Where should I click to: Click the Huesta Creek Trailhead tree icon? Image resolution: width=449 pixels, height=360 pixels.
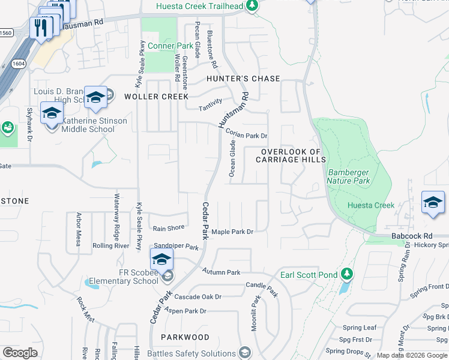point(253,7)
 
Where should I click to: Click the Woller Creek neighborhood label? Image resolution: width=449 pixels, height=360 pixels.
point(156,97)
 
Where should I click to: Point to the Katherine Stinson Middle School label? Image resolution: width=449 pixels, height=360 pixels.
point(95,125)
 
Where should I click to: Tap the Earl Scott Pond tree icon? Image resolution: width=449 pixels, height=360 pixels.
point(346,275)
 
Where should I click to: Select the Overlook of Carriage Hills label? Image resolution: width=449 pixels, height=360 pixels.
point(291,155)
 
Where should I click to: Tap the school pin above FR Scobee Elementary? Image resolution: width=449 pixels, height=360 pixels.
point(161,260)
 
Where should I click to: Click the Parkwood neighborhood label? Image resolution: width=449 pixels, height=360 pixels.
point(185,337)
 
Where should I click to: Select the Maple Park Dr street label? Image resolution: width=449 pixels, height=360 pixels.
point(232,232)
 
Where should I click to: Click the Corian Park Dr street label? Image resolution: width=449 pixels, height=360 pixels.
point(246,136)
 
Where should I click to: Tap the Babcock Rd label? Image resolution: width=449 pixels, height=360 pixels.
point(412,236)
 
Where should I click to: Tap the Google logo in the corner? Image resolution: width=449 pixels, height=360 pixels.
point(20,353)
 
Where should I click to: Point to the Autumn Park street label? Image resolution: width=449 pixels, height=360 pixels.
point(221,272)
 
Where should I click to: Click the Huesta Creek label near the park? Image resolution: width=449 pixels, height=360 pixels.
point(371,205)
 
